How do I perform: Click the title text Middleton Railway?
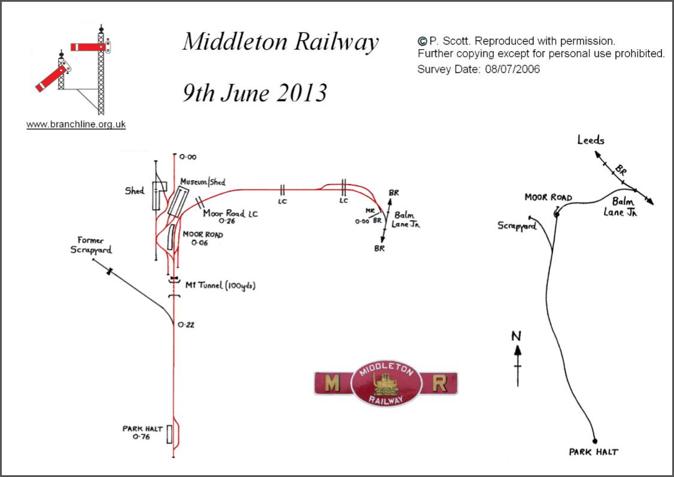tap(280, 43)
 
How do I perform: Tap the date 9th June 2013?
tap(254, 93)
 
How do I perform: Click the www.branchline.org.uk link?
tap(76, 125)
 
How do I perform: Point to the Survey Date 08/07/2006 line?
tap(478, 69)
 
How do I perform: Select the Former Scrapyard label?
tap(90, 245)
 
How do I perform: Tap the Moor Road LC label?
tap(230, 213)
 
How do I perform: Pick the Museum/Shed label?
tap(203, 182)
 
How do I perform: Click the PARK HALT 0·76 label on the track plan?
tap(141, 433)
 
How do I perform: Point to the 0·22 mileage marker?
tap(187, 325)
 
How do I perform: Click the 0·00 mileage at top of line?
tap(187, 157)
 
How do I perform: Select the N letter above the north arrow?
tap(517, 336)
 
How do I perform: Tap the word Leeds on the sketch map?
tap(591, 140)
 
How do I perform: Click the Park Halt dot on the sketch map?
tap(594, 440)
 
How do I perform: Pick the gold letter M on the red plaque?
tap(333, 384)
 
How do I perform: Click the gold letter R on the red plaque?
tap(439, 384)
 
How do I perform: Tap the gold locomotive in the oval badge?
tap(385, 384)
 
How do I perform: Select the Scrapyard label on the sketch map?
tap(517, 227)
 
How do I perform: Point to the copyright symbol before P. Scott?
tap(422, 41)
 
